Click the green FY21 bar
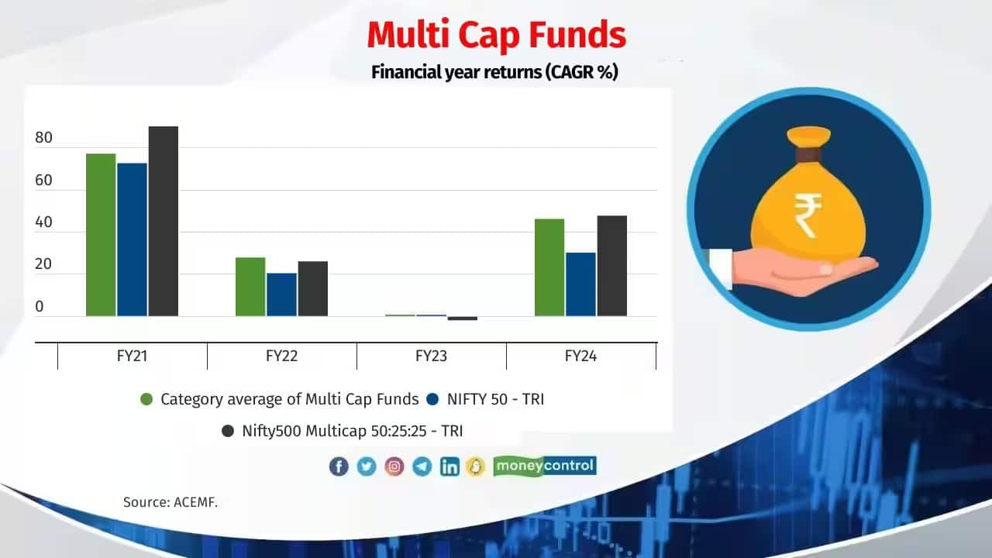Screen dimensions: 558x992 [x=101, y=235]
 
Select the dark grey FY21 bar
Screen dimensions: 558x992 [x=164, y=221]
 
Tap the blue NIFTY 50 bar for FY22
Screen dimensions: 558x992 [x=281, y=294]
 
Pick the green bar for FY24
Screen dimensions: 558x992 [x=549, y=267]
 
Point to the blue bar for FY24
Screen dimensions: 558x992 [x=580, y=284]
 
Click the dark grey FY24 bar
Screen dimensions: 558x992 [x=611, y=266]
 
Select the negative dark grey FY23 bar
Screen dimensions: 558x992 [x=462, y=318]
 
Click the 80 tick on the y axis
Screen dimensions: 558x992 [x=43, y=139]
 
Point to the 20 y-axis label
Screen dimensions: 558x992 [x=43, y=265]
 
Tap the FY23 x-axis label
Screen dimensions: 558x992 [x=432, y=356]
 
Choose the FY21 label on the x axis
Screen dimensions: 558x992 [x=133, y=356]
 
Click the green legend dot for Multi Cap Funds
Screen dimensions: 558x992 [x=146, y=400]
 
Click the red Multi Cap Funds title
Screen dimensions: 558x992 [x=496, y=36]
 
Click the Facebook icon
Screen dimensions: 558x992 [x=339, y=466]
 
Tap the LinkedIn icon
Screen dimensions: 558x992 [x=449, y=466]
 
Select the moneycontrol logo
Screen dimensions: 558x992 [x=545, y=466]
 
